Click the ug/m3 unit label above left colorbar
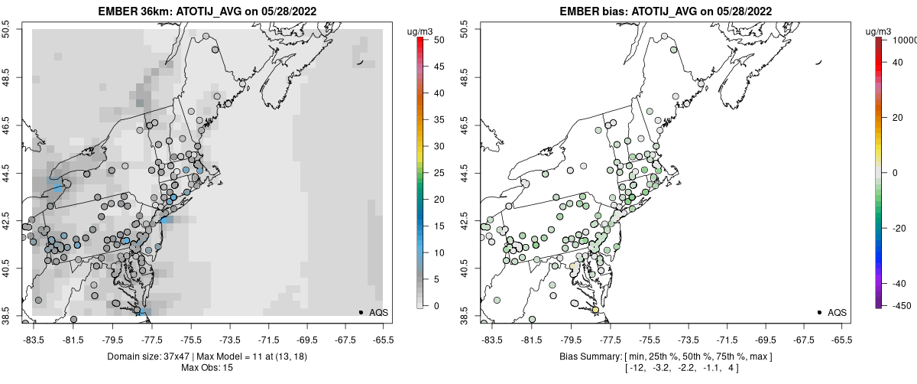click(x=422, y=31)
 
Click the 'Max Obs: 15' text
click(x=206, y=368)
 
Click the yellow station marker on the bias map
click(x=595, y=310)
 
